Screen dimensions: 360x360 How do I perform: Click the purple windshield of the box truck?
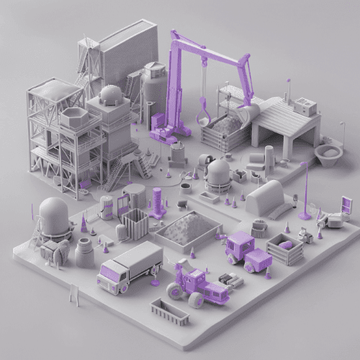coord(109,272)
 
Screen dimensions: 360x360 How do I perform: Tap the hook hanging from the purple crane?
coord(204,112)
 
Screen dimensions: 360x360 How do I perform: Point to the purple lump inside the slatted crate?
coord(287,246)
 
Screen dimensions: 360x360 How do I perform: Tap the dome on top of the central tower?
coord(111,94)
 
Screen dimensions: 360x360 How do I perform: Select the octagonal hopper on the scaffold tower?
coord(73,118)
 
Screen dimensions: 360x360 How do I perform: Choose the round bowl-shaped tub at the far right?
coord(330,153)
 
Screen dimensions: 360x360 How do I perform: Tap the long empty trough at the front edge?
coord(170,312)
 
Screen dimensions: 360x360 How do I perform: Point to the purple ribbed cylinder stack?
coord(157,202)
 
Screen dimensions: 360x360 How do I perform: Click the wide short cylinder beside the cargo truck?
coord(85,253)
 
